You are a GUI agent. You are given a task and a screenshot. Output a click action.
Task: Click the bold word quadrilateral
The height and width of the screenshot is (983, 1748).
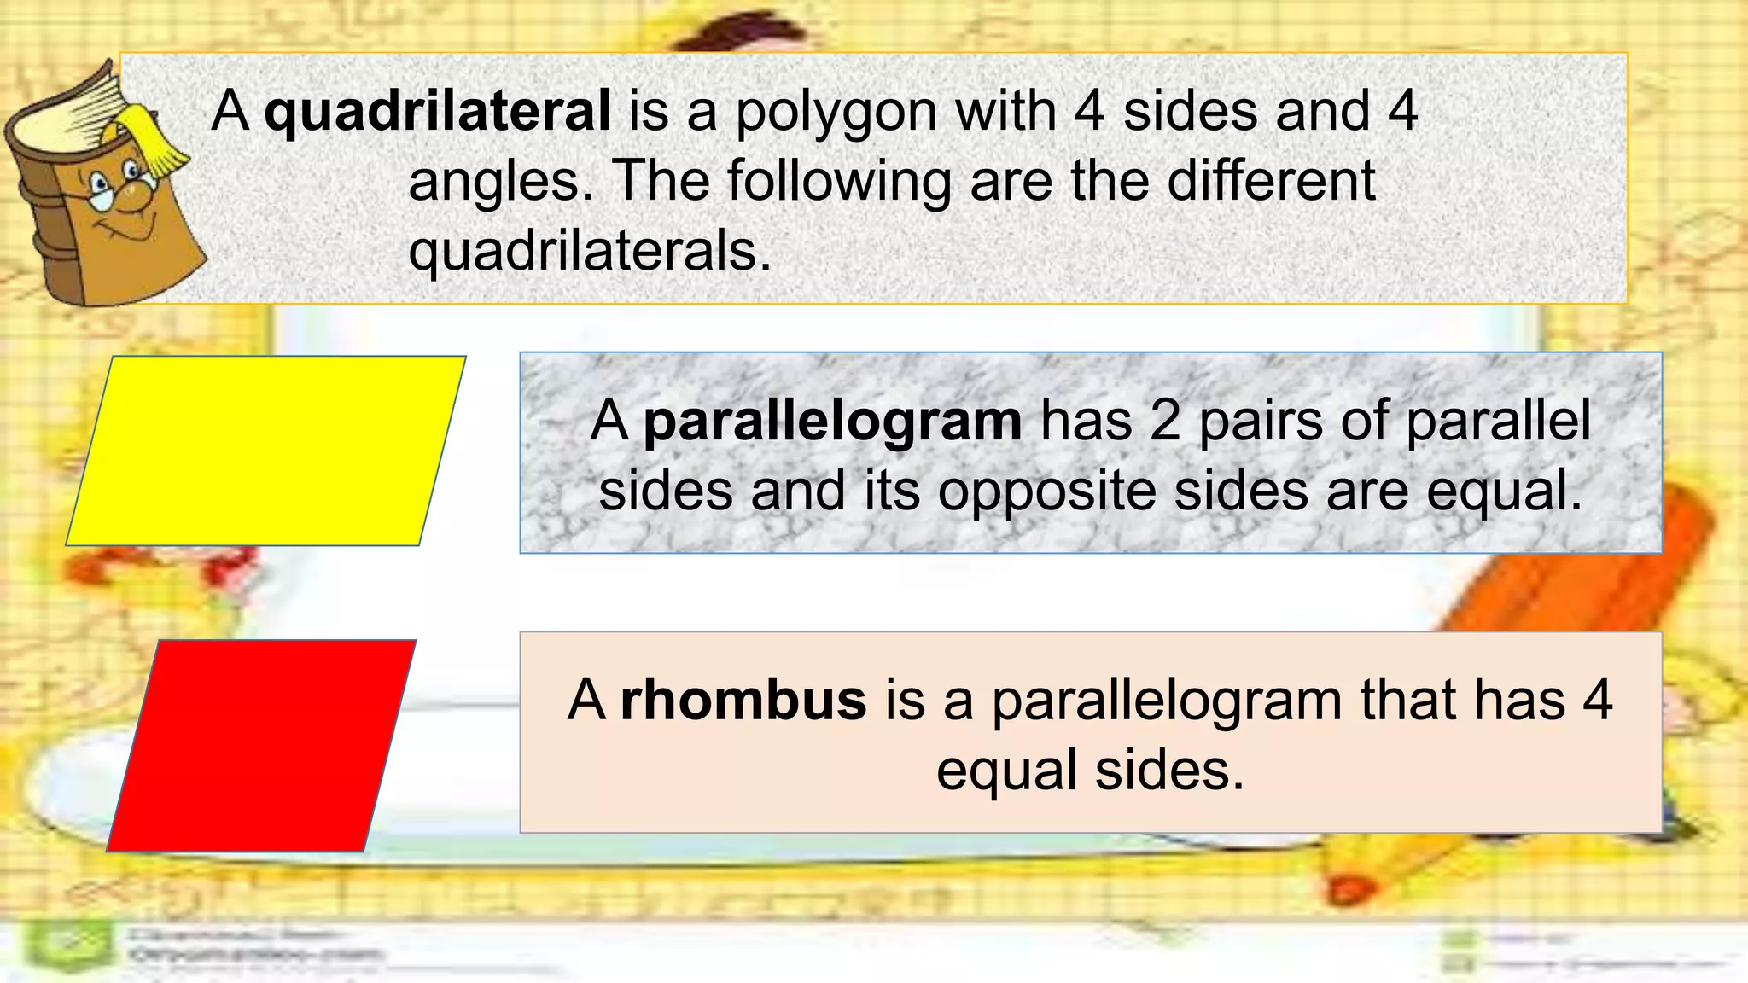(437, 111)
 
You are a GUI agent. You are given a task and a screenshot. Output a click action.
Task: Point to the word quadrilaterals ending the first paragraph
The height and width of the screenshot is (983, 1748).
(589, 251)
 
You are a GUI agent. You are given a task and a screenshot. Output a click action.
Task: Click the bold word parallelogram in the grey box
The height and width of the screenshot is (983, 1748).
(832, 422)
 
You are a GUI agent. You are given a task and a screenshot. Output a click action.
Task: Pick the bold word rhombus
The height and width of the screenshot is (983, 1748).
(743, 700)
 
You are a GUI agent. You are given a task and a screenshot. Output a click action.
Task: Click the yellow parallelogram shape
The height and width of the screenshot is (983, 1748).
(266, 451)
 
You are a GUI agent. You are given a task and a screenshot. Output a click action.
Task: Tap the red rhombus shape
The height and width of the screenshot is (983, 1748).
(261, 745)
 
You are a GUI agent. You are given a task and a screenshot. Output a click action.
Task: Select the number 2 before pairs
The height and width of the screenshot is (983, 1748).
(1164, 422)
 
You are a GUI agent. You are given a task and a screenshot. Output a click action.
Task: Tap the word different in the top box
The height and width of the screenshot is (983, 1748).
(1271, 181)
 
